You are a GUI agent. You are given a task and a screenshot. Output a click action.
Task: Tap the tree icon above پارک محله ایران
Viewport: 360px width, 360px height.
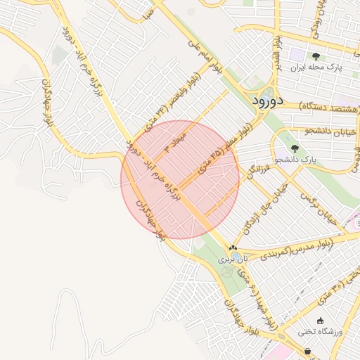(316, 56)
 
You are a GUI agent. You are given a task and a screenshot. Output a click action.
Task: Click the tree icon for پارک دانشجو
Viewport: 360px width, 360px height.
(294, 148)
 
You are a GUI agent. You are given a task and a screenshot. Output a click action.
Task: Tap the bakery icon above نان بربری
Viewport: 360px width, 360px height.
(233, 247)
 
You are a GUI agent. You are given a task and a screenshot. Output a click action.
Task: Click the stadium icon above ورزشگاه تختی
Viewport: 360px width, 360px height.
(321, 321)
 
